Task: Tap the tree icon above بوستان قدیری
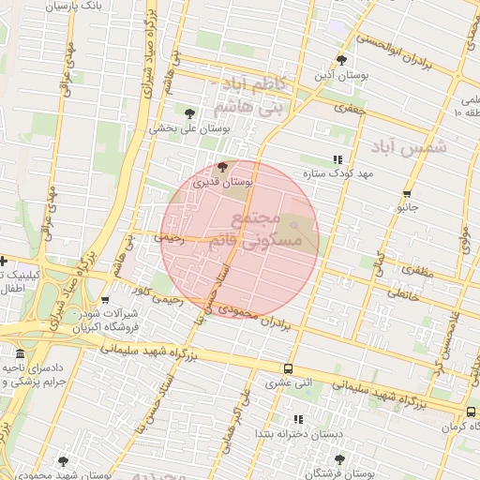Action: coord(221,168)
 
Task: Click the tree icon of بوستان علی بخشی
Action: coord(190,113)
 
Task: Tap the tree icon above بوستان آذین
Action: coord(341,59)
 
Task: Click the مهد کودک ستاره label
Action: coord(337,174)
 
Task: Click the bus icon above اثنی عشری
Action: coord(287,368)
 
